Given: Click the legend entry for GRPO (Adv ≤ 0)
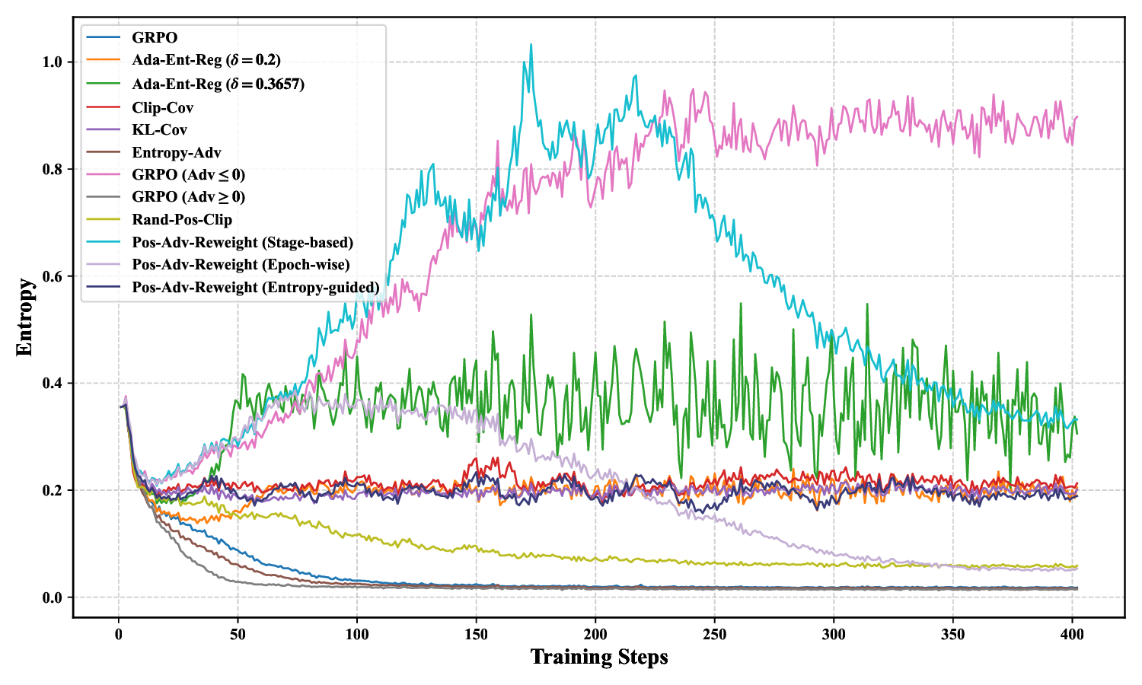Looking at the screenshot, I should click(188, 175).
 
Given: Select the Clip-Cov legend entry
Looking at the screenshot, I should click(162, 108).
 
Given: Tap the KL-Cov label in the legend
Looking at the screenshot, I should click(159, 130).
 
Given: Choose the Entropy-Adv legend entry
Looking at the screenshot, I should click(176, 153).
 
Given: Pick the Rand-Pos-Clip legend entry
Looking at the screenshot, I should click(181, 220).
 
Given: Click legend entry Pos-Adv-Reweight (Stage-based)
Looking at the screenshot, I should click(242, 243).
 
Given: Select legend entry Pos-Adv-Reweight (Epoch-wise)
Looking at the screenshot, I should click(241, 265).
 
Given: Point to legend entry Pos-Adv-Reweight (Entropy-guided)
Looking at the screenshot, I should click(255, 288).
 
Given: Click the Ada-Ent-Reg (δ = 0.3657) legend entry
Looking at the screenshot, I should click(218, 84).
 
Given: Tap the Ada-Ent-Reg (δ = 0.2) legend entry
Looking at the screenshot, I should click(206, 60).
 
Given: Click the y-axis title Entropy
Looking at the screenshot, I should click(24, 317).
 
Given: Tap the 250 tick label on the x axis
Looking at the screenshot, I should click(715, 634).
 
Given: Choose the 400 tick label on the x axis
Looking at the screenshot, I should click(1072, 634).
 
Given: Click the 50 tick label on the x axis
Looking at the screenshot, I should click(238, 634).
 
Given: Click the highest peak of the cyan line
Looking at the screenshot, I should click(531, 44).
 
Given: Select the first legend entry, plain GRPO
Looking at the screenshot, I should click(155, 38).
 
